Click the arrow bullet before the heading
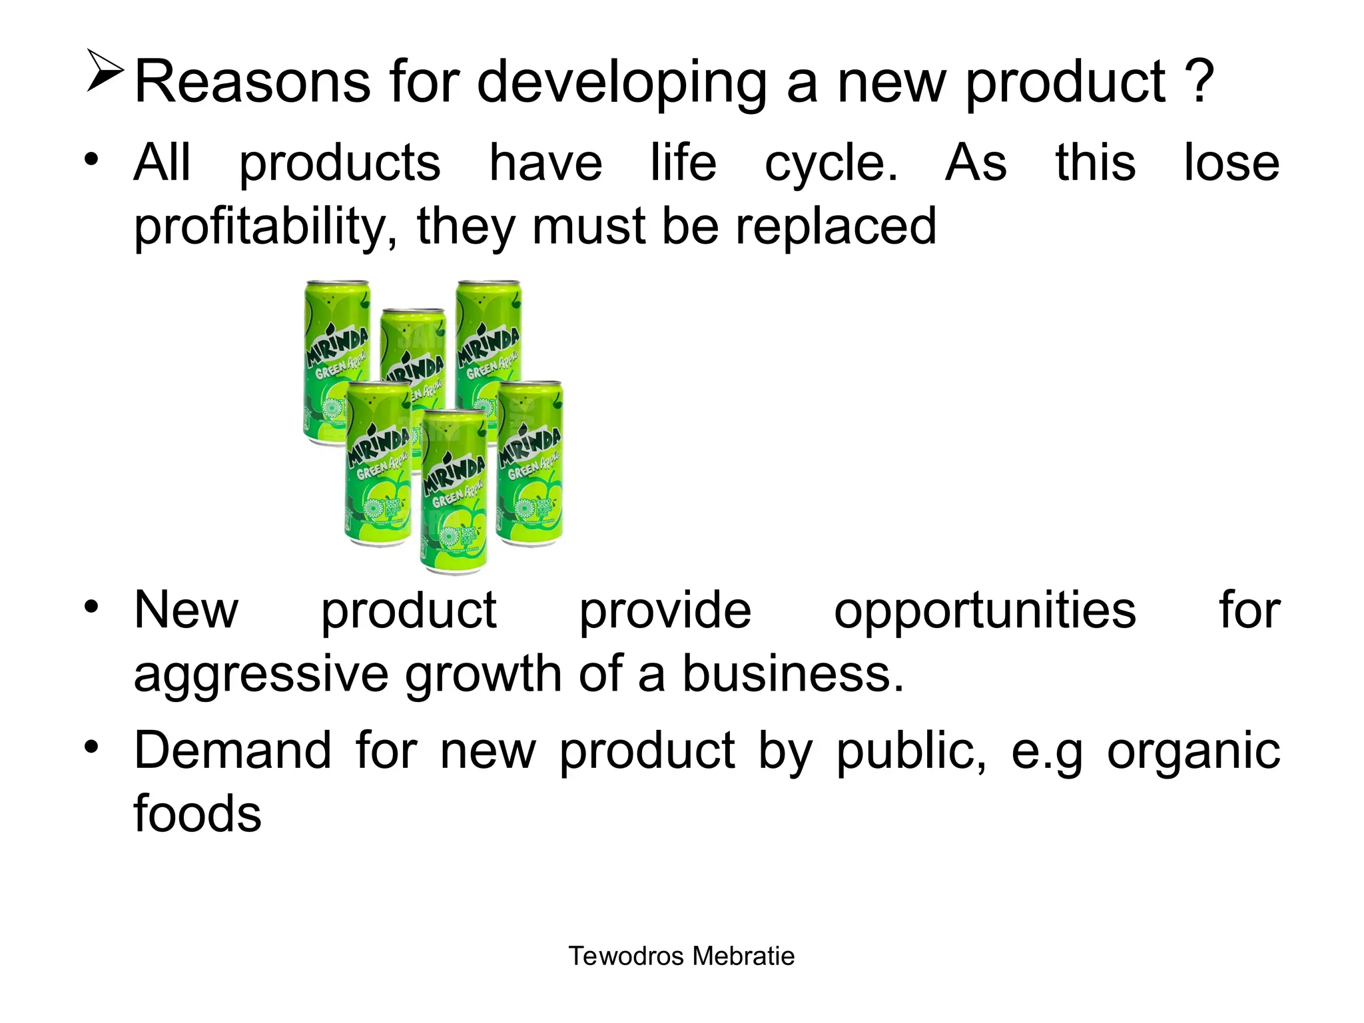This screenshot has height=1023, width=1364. pos(105,71)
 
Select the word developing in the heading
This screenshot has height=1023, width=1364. pos(622,85)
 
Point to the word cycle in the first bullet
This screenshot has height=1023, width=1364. pos(830,165)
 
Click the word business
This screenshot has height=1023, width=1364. pos(793,673)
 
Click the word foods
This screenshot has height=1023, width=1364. pos(197,814)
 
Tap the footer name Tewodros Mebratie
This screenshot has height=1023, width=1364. pos(681,956)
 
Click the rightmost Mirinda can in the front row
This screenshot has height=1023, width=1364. pos(531,463)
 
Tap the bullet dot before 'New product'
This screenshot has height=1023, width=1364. pos(91,606)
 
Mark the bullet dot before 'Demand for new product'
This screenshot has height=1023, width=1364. pos(91,747)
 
